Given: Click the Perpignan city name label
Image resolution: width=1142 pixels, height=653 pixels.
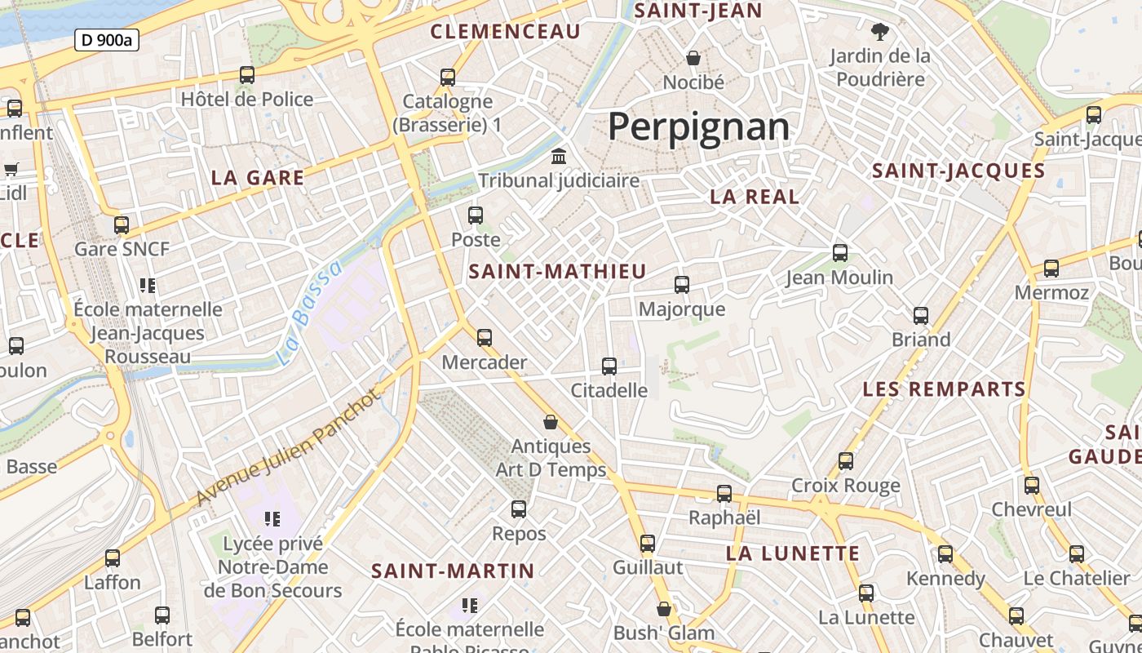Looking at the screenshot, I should point(699,127).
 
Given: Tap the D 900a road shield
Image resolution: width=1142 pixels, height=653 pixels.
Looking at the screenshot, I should point(107,39).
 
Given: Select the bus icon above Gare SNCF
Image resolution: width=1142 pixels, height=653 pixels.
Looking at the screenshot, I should point(122,224).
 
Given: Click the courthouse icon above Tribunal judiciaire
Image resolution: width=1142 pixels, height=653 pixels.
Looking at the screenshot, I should point(560,156).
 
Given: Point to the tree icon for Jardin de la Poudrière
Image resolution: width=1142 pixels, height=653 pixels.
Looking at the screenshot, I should point(879,33).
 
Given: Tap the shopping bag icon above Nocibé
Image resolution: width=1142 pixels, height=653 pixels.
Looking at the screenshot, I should point(693,58).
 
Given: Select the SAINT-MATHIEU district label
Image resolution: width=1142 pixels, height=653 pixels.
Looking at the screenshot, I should point(558,272).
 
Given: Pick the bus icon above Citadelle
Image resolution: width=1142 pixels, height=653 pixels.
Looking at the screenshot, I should point(609,366).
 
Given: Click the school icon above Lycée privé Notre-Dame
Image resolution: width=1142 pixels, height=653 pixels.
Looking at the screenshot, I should point(272,518).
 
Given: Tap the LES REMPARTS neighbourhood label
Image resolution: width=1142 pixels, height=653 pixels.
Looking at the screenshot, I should point(944,389).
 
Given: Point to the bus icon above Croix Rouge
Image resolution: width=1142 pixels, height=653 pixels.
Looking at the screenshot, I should point(846,461).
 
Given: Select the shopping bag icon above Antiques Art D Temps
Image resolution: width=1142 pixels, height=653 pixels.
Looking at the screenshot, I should point(551,422).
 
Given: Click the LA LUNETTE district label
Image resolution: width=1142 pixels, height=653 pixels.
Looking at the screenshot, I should point(793,553).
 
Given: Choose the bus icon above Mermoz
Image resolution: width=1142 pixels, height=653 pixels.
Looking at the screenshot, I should point(1051,268).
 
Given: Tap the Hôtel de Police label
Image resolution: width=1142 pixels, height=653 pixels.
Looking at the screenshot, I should point(247,100).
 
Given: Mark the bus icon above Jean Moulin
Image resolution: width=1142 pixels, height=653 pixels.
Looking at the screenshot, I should point(840,253).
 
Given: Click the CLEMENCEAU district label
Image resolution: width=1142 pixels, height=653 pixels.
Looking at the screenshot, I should point(505,32).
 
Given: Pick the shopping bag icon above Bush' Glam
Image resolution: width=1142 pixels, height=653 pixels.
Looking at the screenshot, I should point(664,609).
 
